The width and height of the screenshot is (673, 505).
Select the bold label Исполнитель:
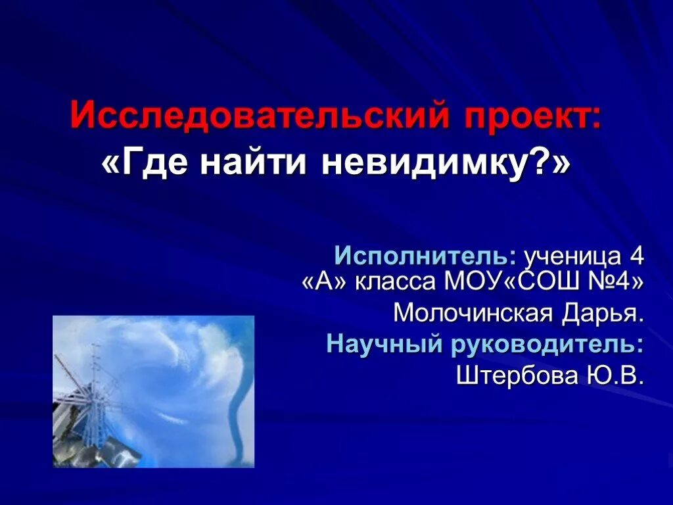click(x=425, y=255)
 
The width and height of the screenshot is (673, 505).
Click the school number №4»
click(x=611, y=281)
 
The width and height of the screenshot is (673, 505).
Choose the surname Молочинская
click(x=473, y=313)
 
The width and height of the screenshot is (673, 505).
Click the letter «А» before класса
click(x=326, y=281)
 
